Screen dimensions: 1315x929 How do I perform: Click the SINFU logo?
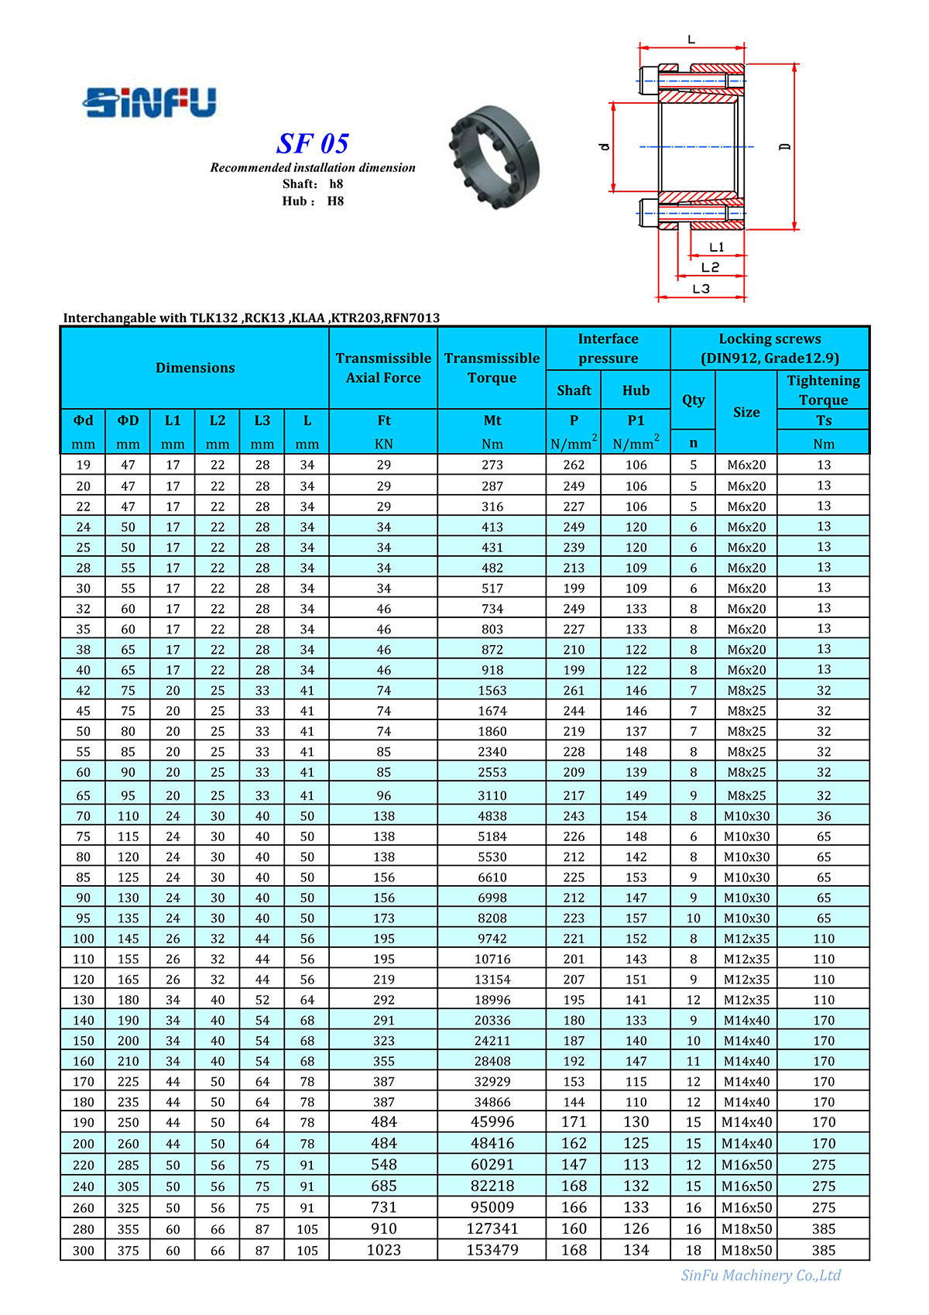[149, 102]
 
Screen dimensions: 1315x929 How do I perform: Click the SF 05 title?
[313, 143]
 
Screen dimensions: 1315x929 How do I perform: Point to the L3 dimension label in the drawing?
[701, 289]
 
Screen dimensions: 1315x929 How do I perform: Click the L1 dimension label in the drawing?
[717, 247]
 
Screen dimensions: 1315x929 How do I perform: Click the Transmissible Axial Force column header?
[383, 368]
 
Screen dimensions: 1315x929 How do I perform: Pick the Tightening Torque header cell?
[823, 390]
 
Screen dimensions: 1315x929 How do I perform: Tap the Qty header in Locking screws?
[693, 400]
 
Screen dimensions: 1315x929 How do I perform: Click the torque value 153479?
[492, 1250]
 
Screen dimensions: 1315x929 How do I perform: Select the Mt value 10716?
[492, 959]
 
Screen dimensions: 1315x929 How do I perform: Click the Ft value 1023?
[383, 1250]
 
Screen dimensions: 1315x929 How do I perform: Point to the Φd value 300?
[84, 1251]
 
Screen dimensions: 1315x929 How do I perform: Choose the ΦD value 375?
[129, 1251]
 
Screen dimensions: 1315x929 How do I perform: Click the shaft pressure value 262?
[574, 465]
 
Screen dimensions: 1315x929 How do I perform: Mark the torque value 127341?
[492, 1229]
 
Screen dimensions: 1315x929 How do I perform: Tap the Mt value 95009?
[492, 1207]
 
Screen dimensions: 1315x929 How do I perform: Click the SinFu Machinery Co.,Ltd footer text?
[760, 1276]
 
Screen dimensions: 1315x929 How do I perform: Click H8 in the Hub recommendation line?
[335, 201]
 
